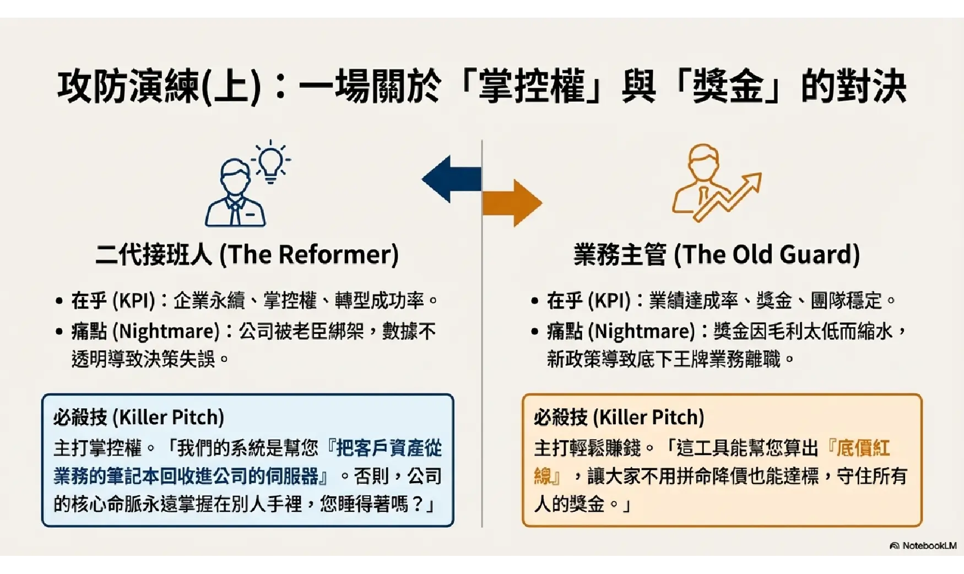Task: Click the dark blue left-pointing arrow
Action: (451, 179)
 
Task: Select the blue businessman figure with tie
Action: (235, 193)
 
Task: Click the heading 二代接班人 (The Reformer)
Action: (247, 254)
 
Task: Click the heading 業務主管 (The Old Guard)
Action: (717, 254)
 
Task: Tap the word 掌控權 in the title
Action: (531, 87)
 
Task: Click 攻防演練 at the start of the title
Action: (128, 87)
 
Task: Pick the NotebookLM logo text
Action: (929, 545)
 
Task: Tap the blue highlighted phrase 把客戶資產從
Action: (389, 448)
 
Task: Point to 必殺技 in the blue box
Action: (80, 418)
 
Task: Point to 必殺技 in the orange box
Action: (560, 418)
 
